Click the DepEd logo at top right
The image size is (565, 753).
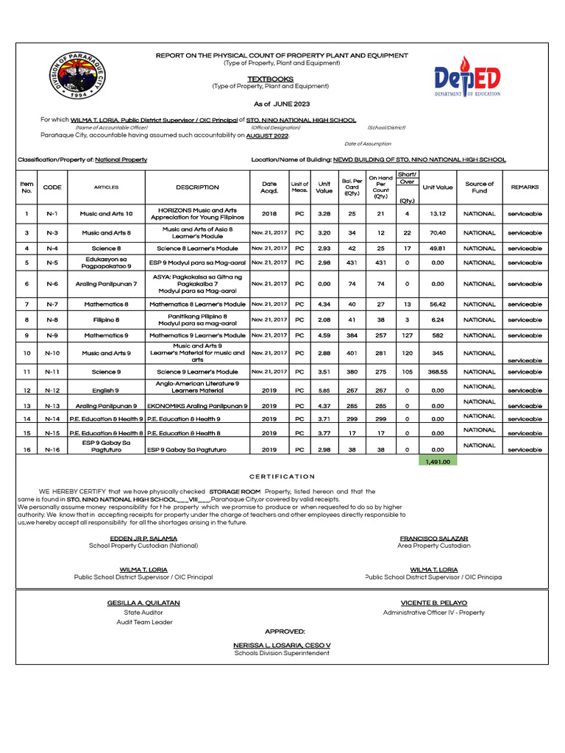pyautogui.click(x=467, y=76)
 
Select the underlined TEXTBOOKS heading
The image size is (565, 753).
pyautogui.click(x=270, y=79)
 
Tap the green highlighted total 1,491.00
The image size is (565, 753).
pyautogui.click(x=438, y=461)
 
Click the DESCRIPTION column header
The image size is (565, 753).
pyautogui.click(x=197, y=188)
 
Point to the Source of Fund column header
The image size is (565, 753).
pyautogui.click(x=480, y=188)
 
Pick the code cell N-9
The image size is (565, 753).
pyautogui.click(x=52, y=335)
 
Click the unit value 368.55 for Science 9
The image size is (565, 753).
pyautogui.click(x=438, y=372)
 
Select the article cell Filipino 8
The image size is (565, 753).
pyautogui.click(x=106, y=320)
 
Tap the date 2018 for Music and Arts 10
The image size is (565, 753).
pyautogui.click(x=269, y=214)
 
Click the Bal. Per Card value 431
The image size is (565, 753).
pyautogui.click(x=352, y=263)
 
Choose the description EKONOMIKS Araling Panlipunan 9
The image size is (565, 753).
pyautogui.click(x=197, y=406)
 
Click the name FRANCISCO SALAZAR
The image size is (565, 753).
pyautogui.click(x=433, y=539)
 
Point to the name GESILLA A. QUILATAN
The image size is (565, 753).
pyautogui.click(x=143, y=603)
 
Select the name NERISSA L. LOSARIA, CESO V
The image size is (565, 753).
pyautogui.click(x=282, y=645)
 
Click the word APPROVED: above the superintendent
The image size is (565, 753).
pyautogui.click(x=285, y=632)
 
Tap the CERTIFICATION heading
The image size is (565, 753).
pyautogui.click(x=282, y=477)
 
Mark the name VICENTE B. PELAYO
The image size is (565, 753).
pyautogui.click(x=433, y=603)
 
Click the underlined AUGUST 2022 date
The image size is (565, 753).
pyautogui.click(x=268, y=136)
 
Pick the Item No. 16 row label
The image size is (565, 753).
pyautogui.click(x=27, y=449)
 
